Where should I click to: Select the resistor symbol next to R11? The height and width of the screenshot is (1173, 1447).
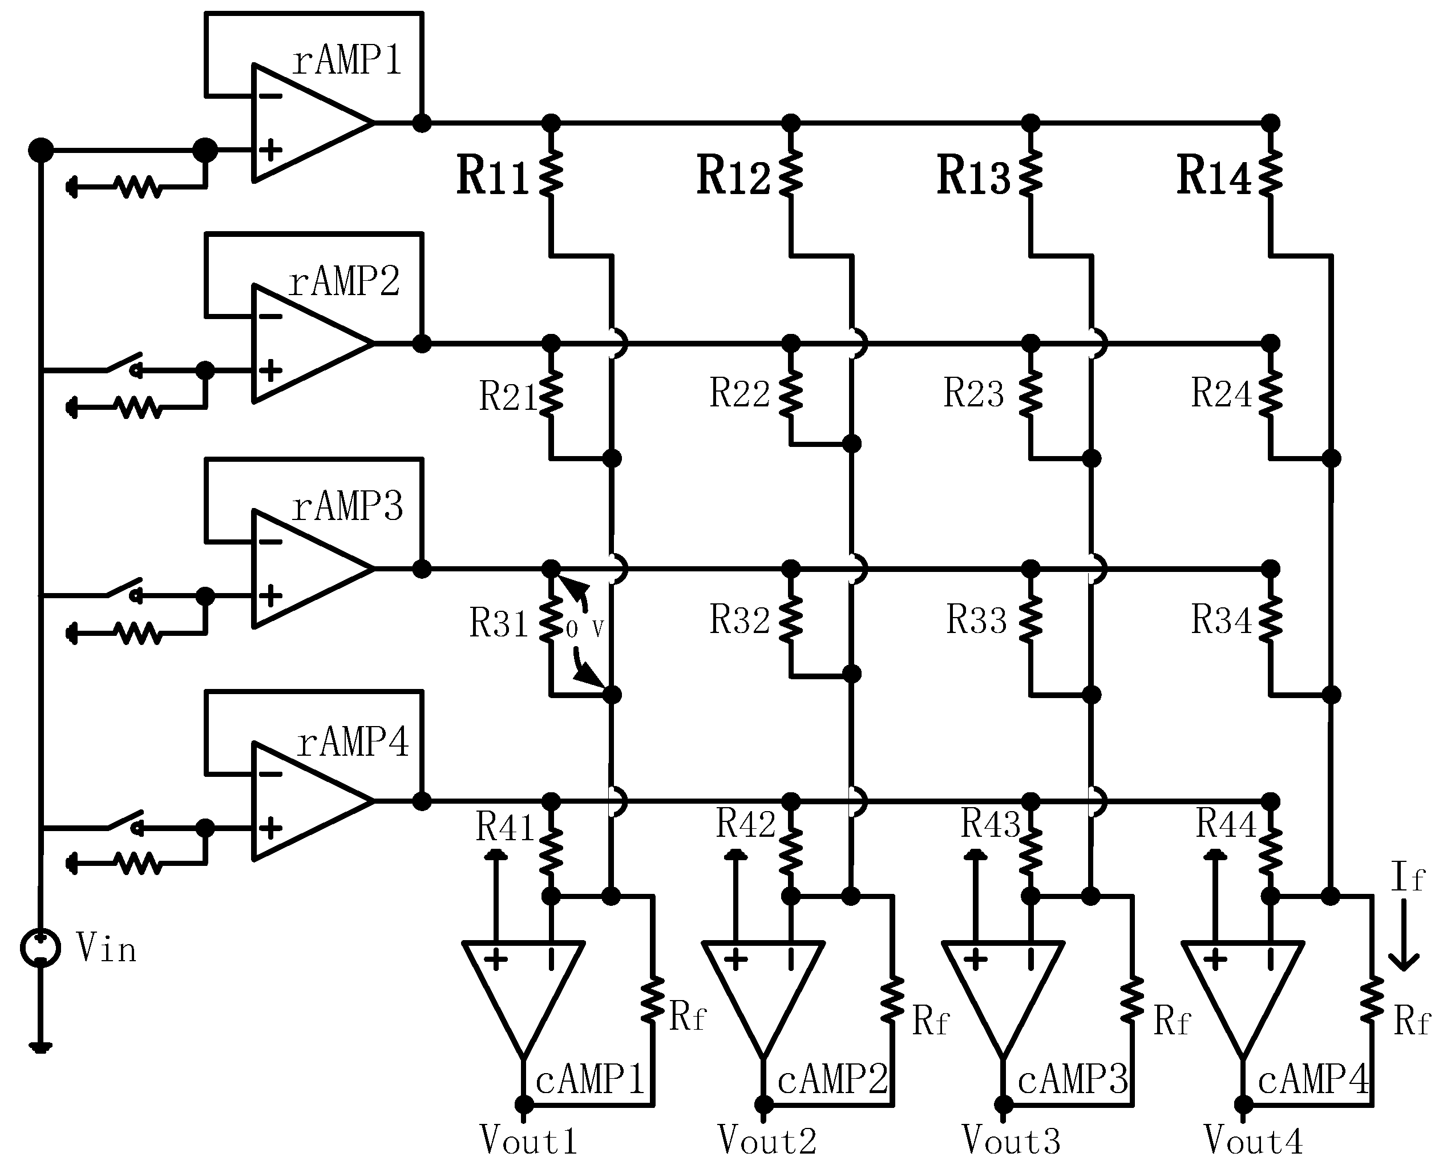tap(551, 174)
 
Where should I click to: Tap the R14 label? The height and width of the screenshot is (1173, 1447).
tap(1213, 176)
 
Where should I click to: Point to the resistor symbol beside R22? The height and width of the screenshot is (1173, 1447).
tap(790, 394)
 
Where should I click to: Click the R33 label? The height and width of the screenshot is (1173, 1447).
tap(976, 620)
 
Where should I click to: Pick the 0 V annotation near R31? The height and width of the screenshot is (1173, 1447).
tap(585, 630)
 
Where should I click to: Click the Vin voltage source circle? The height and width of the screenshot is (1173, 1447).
tap(41, 948)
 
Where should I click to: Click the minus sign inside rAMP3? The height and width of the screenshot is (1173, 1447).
tap(270, 542)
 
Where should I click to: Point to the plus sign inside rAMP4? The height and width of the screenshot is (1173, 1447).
tap(270, 828)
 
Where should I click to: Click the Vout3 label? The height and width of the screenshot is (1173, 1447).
tap(1011, 1141)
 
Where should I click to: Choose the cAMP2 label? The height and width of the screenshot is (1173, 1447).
tap(832, 1079)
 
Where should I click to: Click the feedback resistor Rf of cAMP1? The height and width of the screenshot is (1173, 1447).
tap(653, 1000)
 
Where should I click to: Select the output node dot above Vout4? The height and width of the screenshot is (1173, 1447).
tap(1243, 1105)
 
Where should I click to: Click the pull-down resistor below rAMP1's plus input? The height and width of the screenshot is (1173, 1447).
tap(139, 187)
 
